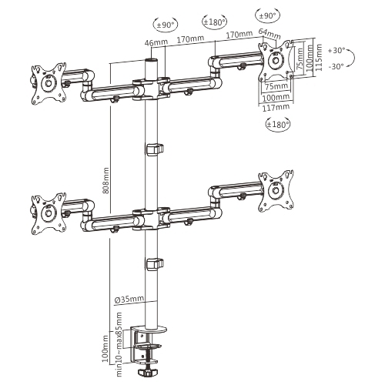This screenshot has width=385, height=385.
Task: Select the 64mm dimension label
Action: coord(269,34)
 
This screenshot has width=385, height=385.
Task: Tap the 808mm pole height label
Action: coord(106,183)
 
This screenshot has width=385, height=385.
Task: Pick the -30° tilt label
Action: coord(336,65)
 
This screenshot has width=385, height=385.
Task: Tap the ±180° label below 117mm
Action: coord(276,125)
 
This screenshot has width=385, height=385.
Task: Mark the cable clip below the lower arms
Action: coord(153,264)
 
